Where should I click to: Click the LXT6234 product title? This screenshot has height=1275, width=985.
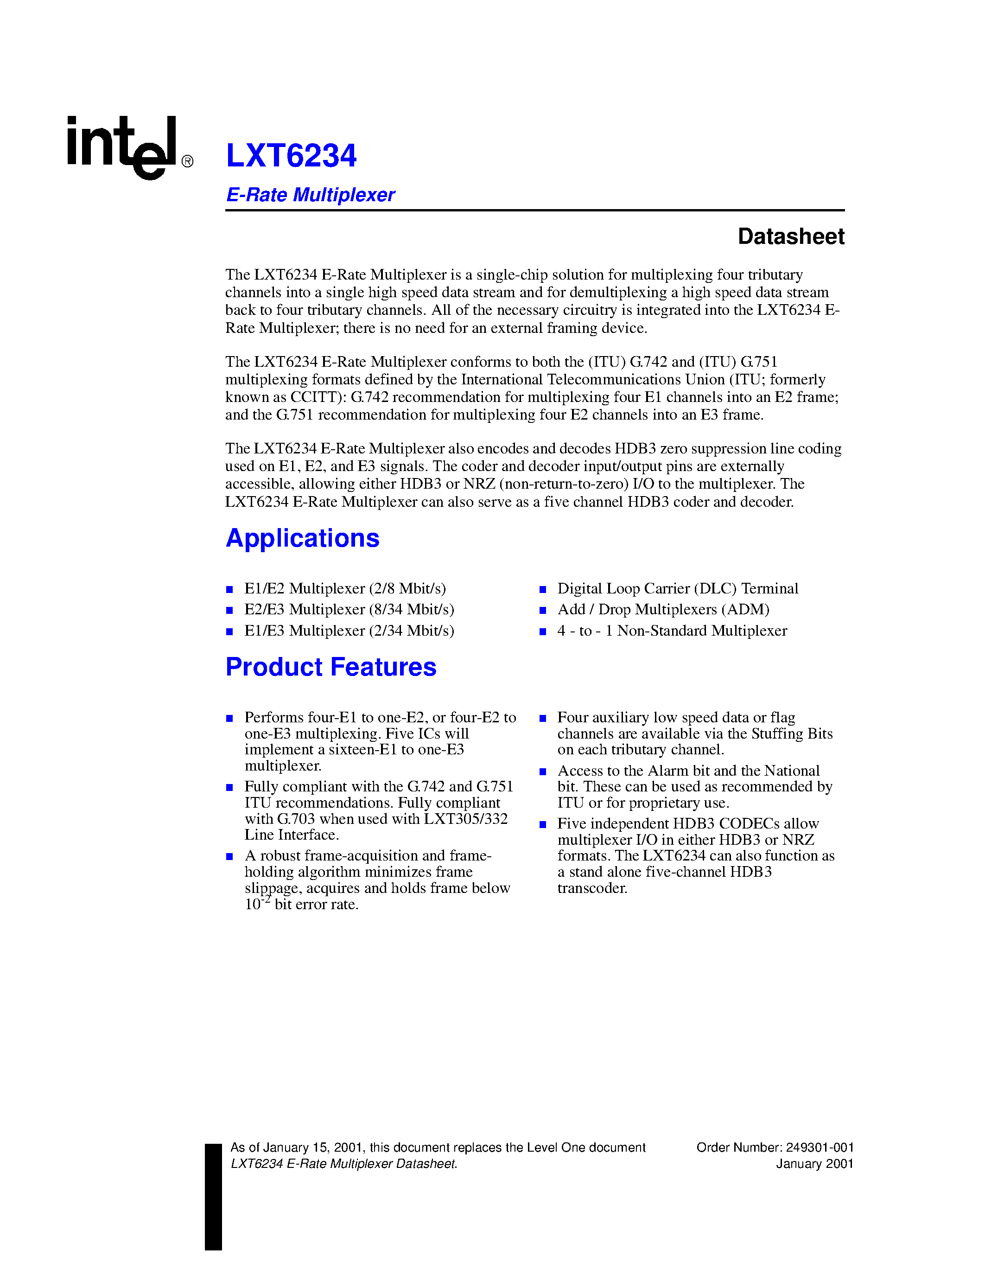[x=291, y=156]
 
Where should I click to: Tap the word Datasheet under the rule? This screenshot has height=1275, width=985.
[x=791, y=236]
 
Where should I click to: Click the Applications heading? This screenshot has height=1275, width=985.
[x=302, y=538]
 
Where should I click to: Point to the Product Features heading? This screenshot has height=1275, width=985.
[x=331, y=667]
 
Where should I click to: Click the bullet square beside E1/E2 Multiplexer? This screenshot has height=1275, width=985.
[x=230, y=590]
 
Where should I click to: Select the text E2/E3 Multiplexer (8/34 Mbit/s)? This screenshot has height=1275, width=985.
[x=349, y=610]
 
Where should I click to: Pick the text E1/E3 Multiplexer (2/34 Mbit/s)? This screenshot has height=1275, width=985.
[x=349, y=631]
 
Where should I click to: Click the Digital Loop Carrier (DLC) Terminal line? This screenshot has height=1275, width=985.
[x=678, y=588]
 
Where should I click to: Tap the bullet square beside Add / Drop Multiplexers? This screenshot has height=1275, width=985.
[x=543, y=611]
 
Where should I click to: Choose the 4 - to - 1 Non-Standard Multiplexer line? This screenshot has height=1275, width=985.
[x=672, y=631]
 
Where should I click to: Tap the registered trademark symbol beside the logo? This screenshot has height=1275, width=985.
[x=187, y=162]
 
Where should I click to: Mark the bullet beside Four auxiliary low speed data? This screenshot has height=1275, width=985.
[x=543, y=719]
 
